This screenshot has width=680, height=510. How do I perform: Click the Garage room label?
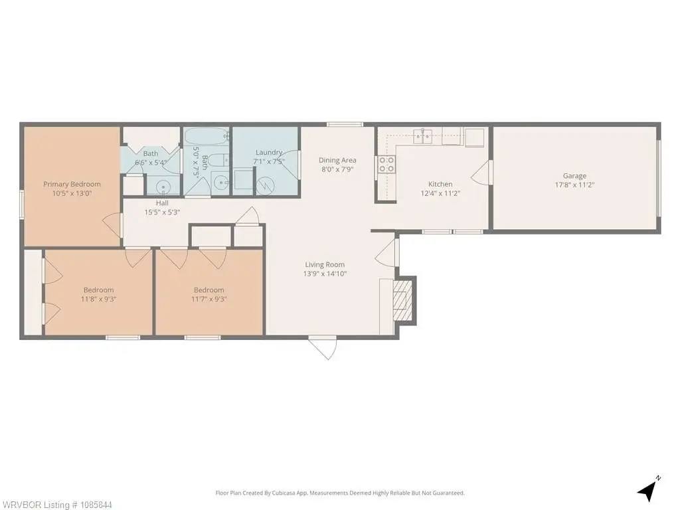click(574, 175)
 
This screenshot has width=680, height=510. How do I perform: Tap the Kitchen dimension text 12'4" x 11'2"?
click(440, 193)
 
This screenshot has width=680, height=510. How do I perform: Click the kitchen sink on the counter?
click(422, 136)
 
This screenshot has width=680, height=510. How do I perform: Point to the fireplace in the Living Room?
click(402, 300)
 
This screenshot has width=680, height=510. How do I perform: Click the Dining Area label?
click(337, 160)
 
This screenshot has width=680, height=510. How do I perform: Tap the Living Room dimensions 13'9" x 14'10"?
click(325, 274)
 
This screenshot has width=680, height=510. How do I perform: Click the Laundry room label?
click(269, 152)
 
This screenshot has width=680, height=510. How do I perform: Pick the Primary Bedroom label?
click(72, 185)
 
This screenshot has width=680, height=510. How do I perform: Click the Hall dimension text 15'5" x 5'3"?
click(162, 212)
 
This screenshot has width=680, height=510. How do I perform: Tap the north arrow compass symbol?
click(648, 489)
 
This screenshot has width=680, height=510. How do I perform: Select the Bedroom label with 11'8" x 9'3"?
click(98, 290)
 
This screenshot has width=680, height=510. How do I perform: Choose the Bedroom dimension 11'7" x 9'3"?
click(209, 299)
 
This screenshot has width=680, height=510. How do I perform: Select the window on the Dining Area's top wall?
click(345, 124)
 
